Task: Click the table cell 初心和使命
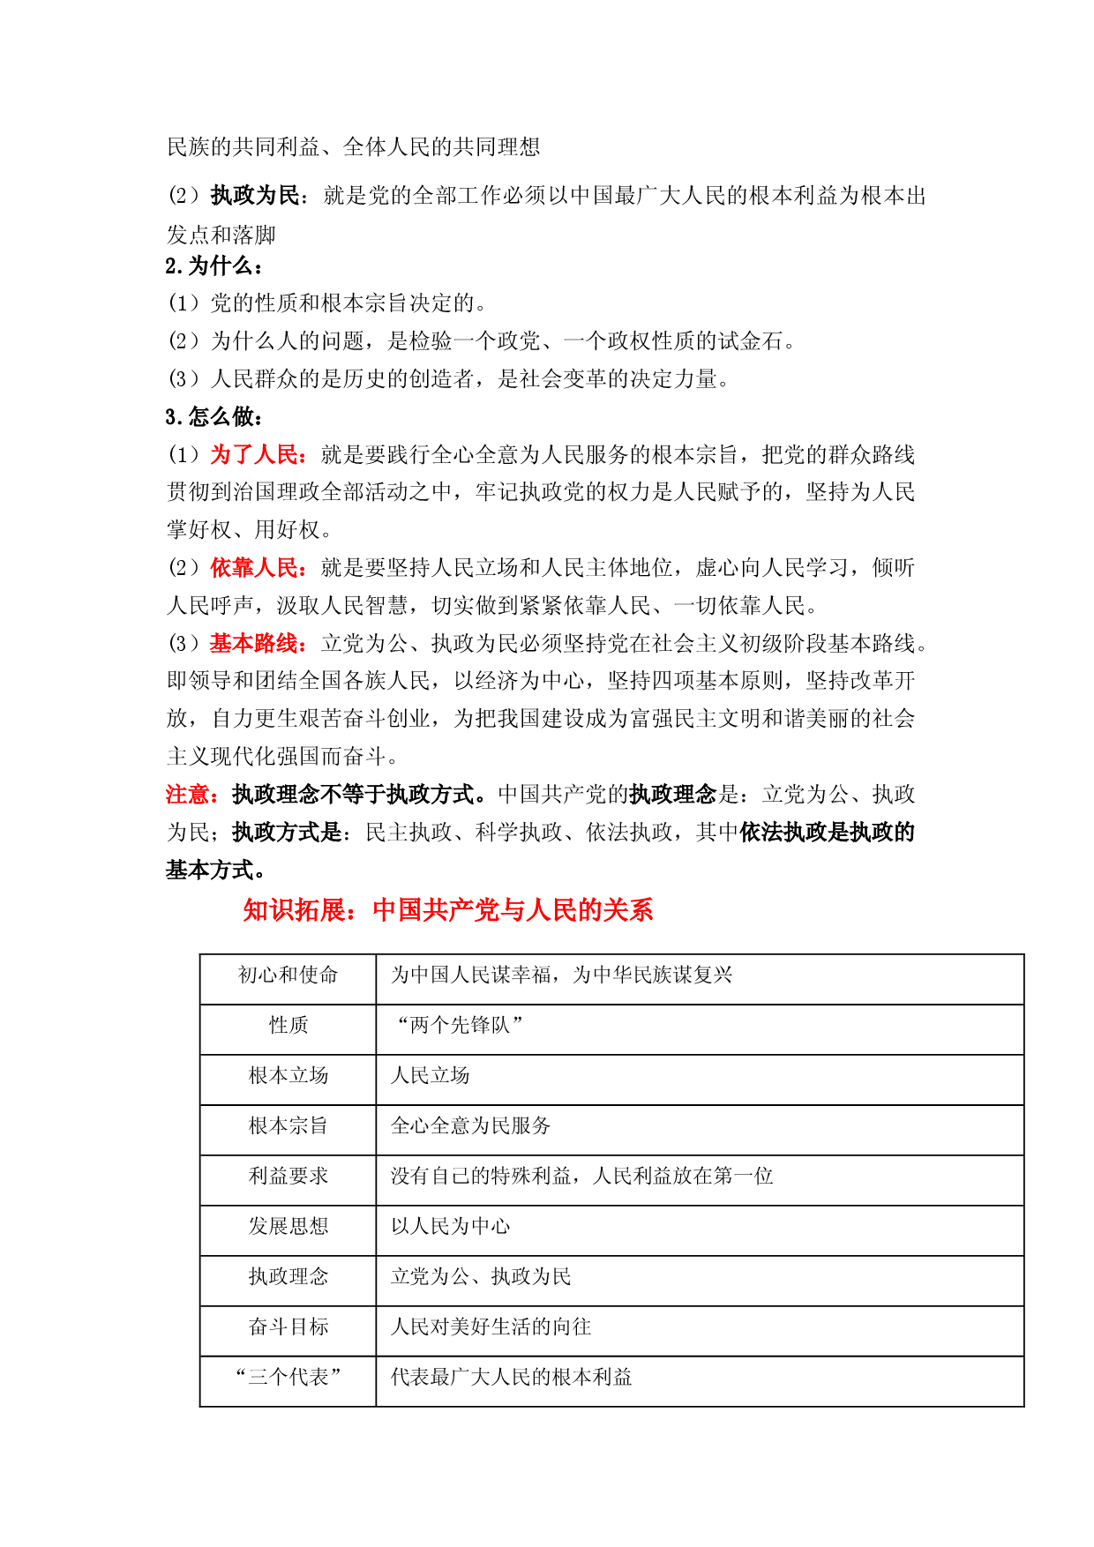288,975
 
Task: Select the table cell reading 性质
288,1025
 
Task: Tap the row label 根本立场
288,1075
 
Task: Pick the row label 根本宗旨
288,1125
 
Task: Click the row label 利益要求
288,1176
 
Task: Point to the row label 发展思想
288,1226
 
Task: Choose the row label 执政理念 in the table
288,1276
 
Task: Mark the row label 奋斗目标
288,1327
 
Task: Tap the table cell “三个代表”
288,1377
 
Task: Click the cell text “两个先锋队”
459,1025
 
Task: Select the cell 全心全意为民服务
471,1125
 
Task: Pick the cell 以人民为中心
451,1226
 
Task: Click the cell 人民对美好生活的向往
491,1327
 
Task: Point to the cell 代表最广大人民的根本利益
512,1377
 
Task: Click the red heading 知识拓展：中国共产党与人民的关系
448,910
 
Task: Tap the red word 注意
187,795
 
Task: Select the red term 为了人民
254,455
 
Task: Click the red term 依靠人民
254,568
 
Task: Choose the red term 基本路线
254,644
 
